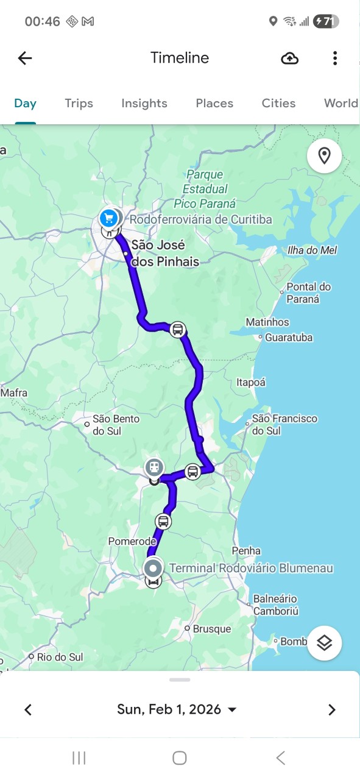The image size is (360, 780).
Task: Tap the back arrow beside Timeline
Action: [25, 58]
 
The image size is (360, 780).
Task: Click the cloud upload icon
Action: [290, 58]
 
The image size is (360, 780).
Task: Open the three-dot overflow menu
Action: [334, 58]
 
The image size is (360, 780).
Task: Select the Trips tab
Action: [79, 103]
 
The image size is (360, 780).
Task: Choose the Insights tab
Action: [144, 103]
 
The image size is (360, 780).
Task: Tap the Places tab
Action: [214, 103]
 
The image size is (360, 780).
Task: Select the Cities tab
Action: [279, 103]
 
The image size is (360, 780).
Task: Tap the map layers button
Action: [324, 642]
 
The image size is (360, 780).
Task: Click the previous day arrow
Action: [28, 709]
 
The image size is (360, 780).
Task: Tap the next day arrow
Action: [331, 709]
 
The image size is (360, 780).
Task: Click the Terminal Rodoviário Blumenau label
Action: [251, 568]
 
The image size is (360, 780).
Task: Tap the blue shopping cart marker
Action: [109, 218]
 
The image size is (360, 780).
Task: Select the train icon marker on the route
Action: [155, 467]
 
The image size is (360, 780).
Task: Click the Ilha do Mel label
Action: [311, 250]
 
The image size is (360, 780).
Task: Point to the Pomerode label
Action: [132, 541]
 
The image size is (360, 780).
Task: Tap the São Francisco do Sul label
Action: [284, 424]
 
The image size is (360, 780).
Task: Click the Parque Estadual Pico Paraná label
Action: [205, 189]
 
